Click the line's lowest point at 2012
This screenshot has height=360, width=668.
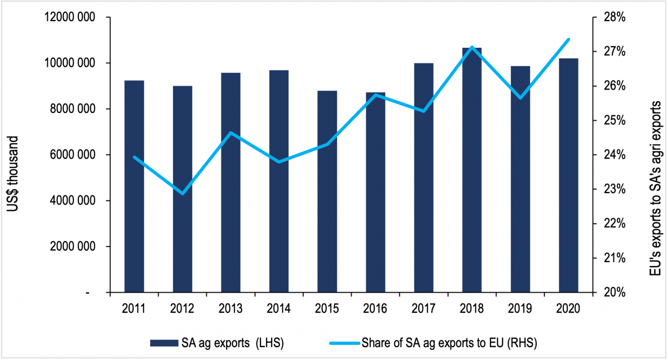point(183,194)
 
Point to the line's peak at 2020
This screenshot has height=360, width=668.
point(568,40)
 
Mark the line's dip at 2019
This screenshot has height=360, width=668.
point(520,98)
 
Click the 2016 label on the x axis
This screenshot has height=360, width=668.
point(375,307)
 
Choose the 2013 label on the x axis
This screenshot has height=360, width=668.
point(230,307)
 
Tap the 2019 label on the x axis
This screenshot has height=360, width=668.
point(520,307)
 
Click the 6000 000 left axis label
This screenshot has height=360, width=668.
point(70,155)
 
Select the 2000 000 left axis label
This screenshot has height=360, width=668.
point(70,247)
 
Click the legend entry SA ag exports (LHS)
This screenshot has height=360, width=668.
point(217,343)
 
